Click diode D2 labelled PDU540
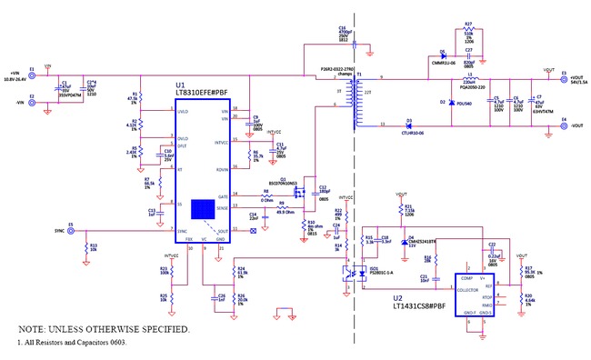[453, 103]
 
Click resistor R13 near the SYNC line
[85, 246]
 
